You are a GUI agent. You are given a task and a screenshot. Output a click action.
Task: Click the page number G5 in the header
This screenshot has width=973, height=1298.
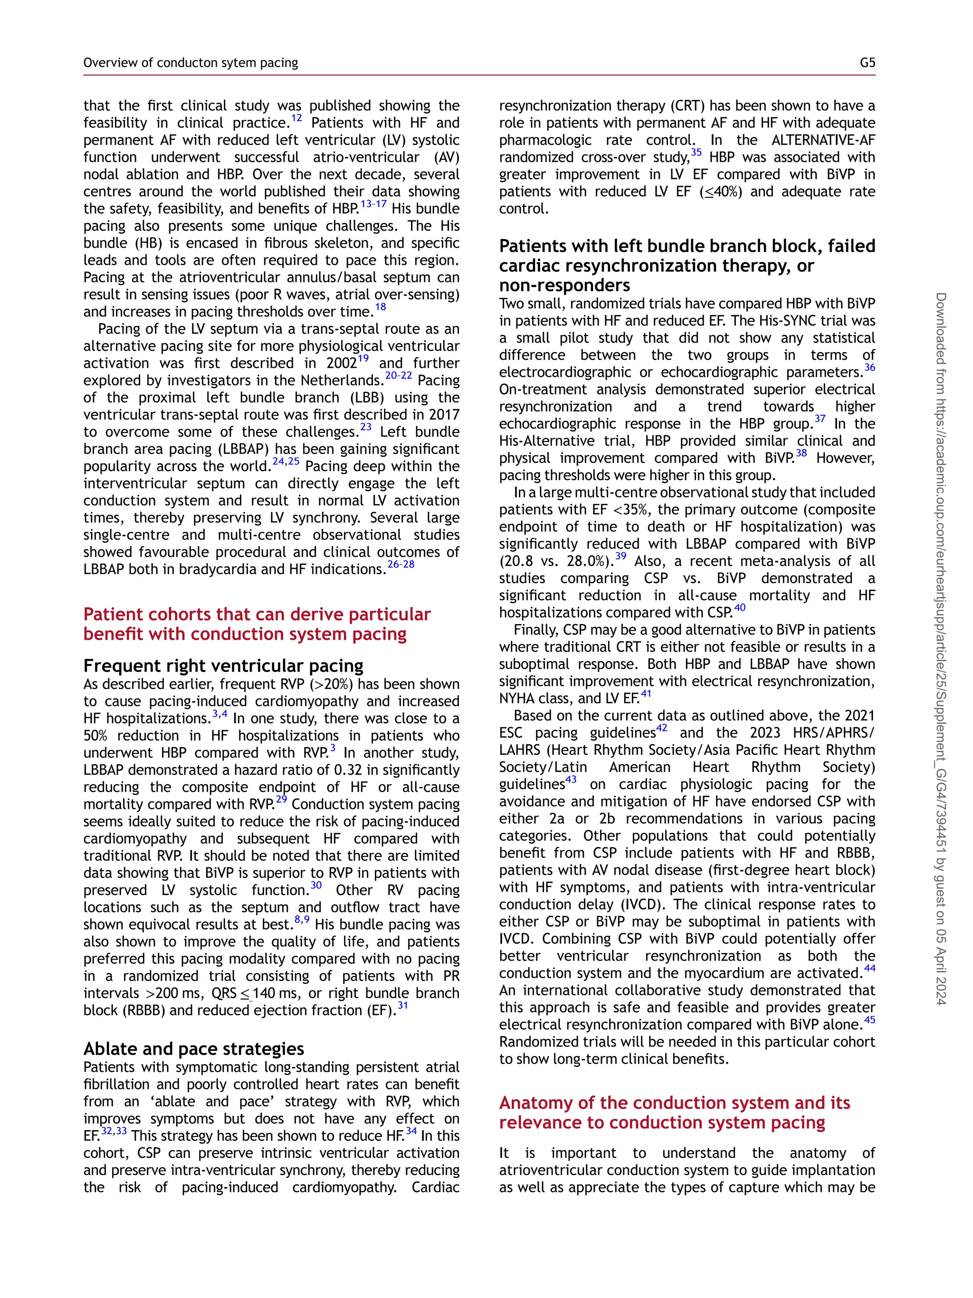tap(867, 63)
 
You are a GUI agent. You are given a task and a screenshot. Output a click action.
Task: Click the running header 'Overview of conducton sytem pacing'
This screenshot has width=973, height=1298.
tap(191, 63)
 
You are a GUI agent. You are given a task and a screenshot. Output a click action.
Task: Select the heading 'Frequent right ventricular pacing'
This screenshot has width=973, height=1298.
tap(223, 666)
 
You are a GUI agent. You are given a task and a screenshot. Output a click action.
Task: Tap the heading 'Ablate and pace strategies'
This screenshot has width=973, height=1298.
tap(193, 1048)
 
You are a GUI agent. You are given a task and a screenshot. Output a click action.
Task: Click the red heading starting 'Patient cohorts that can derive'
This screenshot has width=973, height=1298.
tap(257, 624)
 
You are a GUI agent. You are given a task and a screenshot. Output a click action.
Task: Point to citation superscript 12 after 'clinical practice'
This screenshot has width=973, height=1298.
tap(297, 118)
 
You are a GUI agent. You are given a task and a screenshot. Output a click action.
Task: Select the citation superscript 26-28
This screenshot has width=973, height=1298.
tap(401, 564)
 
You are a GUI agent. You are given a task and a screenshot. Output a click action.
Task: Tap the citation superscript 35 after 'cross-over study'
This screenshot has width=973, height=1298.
tap(696, 153)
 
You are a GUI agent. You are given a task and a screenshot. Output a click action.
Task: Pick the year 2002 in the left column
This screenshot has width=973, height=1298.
tap(341, 364)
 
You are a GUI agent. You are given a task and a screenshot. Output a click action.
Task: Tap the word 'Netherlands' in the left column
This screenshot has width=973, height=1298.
tap(341, 381)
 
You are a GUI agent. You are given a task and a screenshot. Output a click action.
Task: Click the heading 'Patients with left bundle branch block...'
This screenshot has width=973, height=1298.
tap(686, 265)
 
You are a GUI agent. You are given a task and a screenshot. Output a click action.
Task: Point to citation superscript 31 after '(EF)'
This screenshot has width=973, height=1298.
tap(403, 1006)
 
